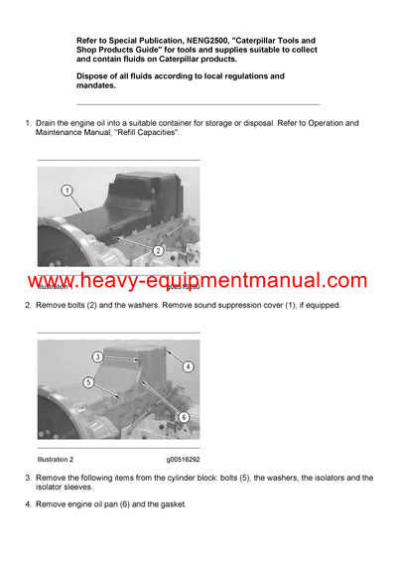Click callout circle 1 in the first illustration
point(66,190)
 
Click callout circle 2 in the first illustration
point(158,251)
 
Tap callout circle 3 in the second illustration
point(98,356)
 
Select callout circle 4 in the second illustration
point(189,366)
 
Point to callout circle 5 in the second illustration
point(88,381)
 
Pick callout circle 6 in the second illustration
point(183,417)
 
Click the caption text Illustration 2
point(64,460)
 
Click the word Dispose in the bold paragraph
point(95,76)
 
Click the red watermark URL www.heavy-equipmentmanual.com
point(198,281)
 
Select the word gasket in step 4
point(168,504)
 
